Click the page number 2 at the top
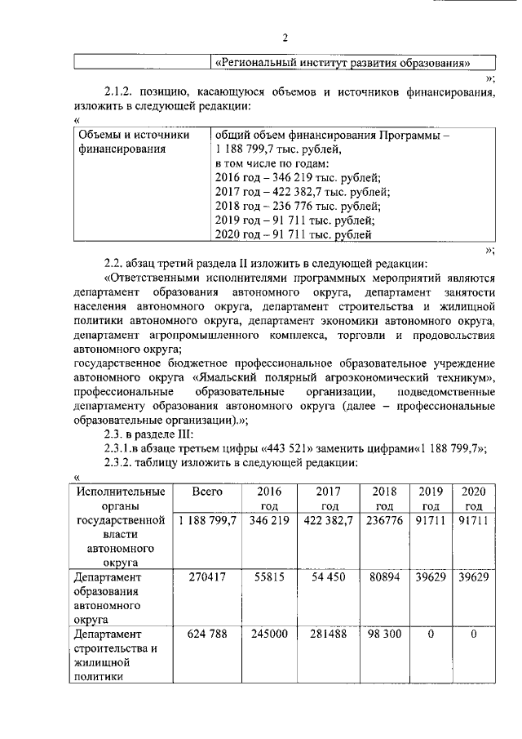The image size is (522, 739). pos(285,38)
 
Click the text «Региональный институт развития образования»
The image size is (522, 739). pos(342,62)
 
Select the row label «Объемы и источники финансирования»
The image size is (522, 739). pos(134,141)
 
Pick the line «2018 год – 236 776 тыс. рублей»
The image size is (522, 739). pos(297,207)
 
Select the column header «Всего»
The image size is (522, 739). pos(207,492)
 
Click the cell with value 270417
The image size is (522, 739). pos(207,577)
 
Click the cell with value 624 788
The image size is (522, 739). pos(207,634)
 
